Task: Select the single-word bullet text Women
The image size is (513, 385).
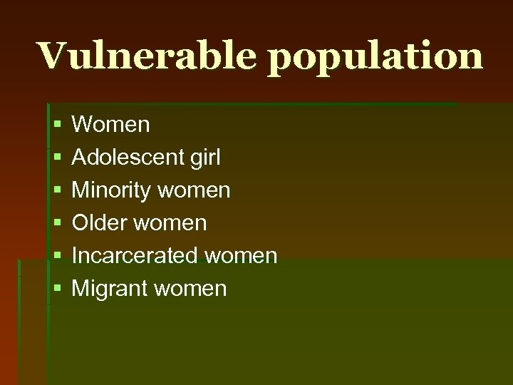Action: [x=111, y=125]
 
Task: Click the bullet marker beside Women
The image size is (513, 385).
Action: [x=57, y=125]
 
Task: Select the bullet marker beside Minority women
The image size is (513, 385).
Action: [x=57, y=191]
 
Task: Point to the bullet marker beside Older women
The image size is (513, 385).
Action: [x=57, y=224]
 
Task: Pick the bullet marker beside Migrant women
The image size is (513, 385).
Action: [x=57, y=289]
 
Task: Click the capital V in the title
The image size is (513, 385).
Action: [x=53, y=56]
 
